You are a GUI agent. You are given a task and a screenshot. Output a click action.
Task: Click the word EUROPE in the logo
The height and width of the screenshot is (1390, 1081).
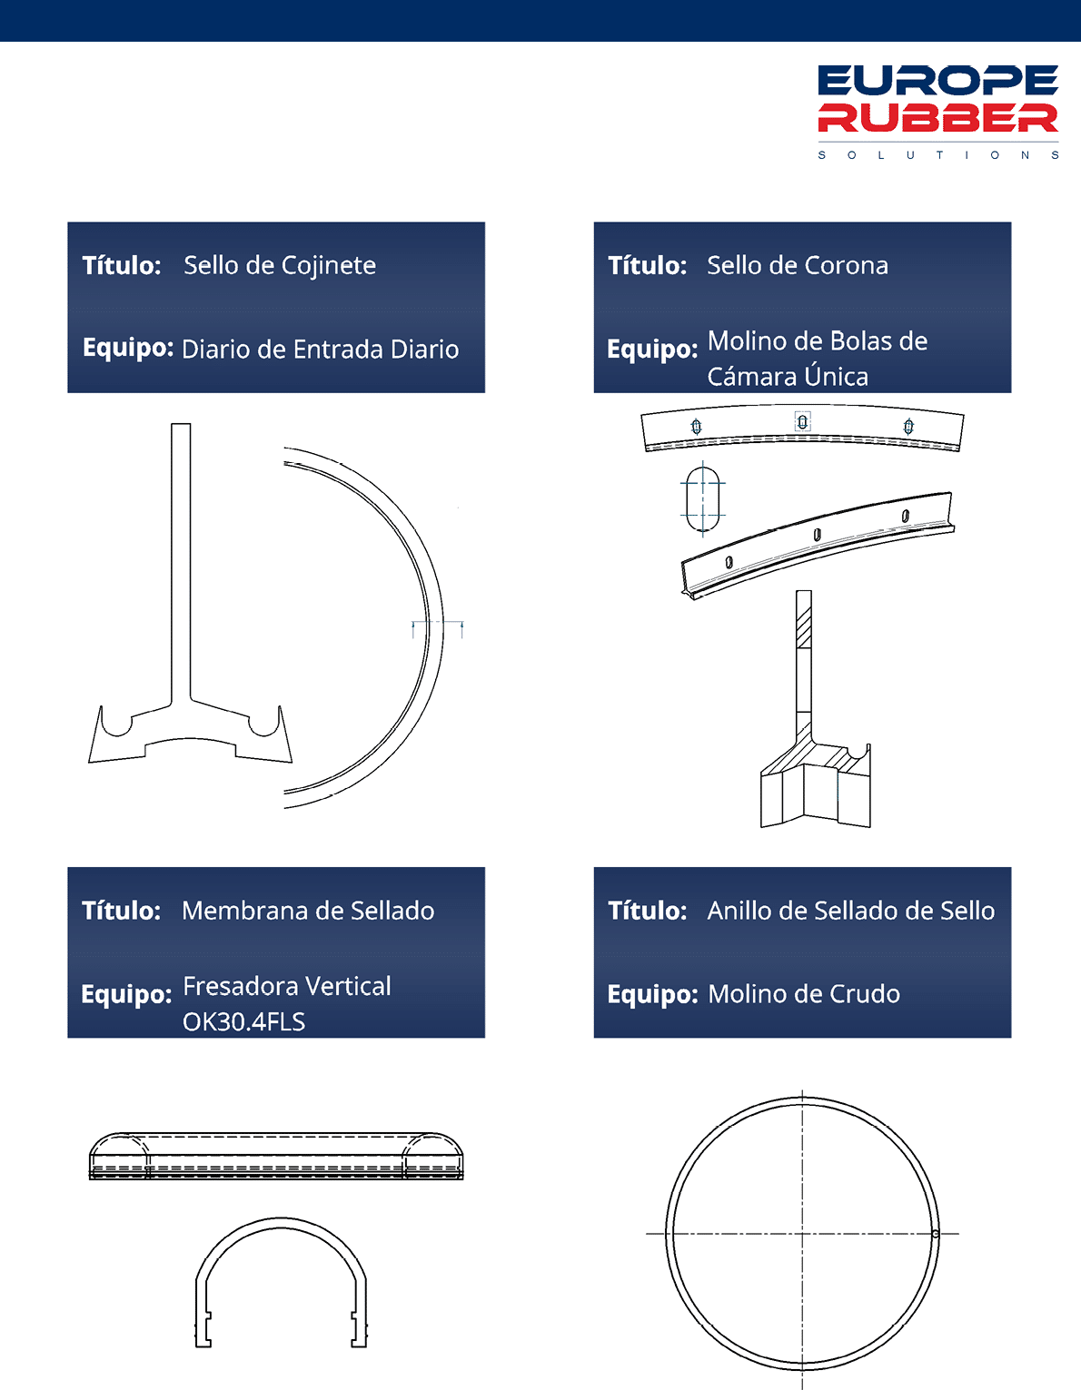pos(937,80)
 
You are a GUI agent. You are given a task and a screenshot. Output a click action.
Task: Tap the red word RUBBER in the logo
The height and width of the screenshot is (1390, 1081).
pos(937,118)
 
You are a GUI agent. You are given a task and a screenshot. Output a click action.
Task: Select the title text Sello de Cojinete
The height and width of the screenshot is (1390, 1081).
pos(280,266)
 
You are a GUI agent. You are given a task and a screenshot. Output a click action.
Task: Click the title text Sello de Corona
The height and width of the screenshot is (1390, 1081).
pos(798,265)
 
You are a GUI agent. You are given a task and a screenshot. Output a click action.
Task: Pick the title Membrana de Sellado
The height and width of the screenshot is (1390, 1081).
pos(308,911)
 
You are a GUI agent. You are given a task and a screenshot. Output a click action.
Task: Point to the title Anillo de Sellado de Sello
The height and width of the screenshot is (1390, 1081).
pos(850,911)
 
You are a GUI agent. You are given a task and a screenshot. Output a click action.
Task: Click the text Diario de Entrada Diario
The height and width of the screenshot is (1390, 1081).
pos(320,350)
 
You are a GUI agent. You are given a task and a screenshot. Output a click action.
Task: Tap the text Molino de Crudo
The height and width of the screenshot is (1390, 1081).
pos(804,994)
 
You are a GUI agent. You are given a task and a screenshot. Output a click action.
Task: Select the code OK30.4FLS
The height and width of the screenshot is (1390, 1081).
pos(243,1021)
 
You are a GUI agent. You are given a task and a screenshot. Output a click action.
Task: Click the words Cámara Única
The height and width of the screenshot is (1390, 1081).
pos(788,376)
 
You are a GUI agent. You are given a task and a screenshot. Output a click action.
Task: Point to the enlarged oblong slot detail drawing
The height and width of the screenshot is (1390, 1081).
pos(703,499)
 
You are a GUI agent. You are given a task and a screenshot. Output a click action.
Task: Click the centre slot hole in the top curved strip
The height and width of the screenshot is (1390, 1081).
pos(803,421)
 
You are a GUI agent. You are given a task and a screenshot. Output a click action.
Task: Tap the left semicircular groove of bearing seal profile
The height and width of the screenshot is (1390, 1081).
pos(117,725)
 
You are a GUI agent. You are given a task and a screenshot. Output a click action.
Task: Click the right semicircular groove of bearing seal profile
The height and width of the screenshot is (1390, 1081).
pos(263,725)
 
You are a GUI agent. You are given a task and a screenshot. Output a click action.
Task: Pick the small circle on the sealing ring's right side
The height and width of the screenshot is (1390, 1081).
pos(935,1233)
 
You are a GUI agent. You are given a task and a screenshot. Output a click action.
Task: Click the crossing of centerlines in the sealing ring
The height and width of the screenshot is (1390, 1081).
pos(803,1233)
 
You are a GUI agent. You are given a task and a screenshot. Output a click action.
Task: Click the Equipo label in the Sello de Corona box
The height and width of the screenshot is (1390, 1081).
pos(652,350)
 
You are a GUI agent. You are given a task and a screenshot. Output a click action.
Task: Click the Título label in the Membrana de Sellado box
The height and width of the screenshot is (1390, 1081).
pos(121,911)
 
